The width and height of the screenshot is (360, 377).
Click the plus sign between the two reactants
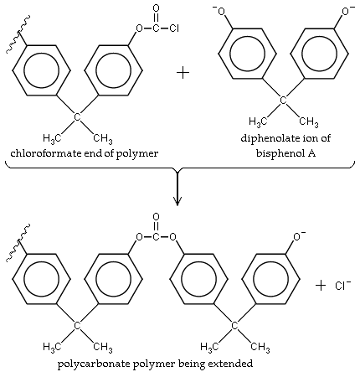click(183, 71)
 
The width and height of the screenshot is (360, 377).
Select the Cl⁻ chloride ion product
click(343, 286)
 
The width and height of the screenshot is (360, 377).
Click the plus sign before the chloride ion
click(321, 286)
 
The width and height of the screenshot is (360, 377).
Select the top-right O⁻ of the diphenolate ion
click(344, 10)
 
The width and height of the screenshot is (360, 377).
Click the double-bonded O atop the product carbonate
click(156, 220)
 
